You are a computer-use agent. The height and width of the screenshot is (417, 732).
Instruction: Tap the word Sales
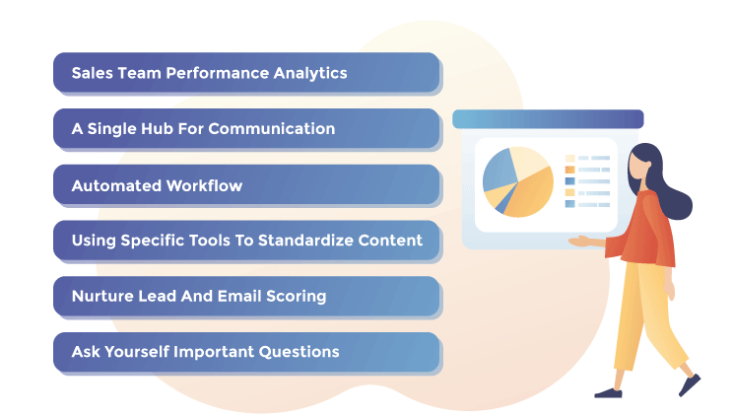coord(92,74)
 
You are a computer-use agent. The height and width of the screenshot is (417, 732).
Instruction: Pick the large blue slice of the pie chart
coord(499,171)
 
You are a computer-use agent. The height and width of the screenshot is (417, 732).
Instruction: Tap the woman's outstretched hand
coord(580,241)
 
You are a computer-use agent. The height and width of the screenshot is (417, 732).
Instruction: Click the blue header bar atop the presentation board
coord(547,119)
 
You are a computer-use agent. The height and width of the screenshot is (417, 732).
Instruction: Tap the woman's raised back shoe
coord(690,383)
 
